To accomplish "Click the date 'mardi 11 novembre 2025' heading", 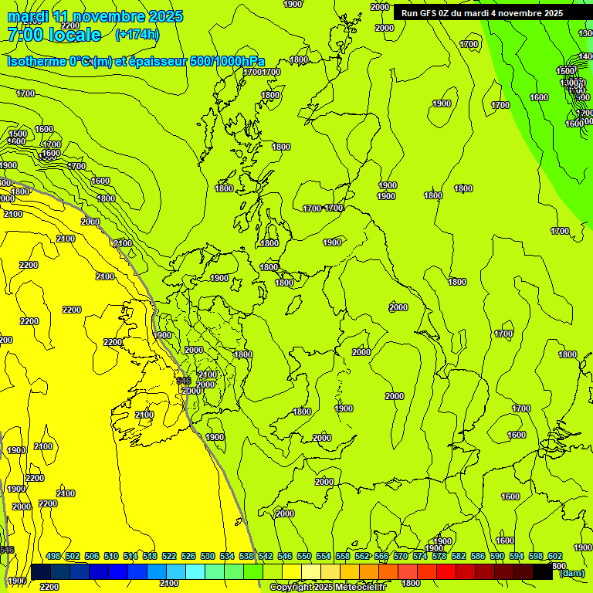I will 95,16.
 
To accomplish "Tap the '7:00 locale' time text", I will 54,35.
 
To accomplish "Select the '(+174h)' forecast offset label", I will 137,35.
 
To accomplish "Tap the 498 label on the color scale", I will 53,556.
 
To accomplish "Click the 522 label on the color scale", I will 169,556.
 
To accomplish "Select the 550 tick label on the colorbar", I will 304,556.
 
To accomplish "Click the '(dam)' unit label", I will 571,573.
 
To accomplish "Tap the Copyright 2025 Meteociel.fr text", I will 327,588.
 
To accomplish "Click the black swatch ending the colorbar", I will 543,571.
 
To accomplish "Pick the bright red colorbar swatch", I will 446,571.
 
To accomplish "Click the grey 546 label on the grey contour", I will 184,381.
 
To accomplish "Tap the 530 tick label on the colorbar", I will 208,556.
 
